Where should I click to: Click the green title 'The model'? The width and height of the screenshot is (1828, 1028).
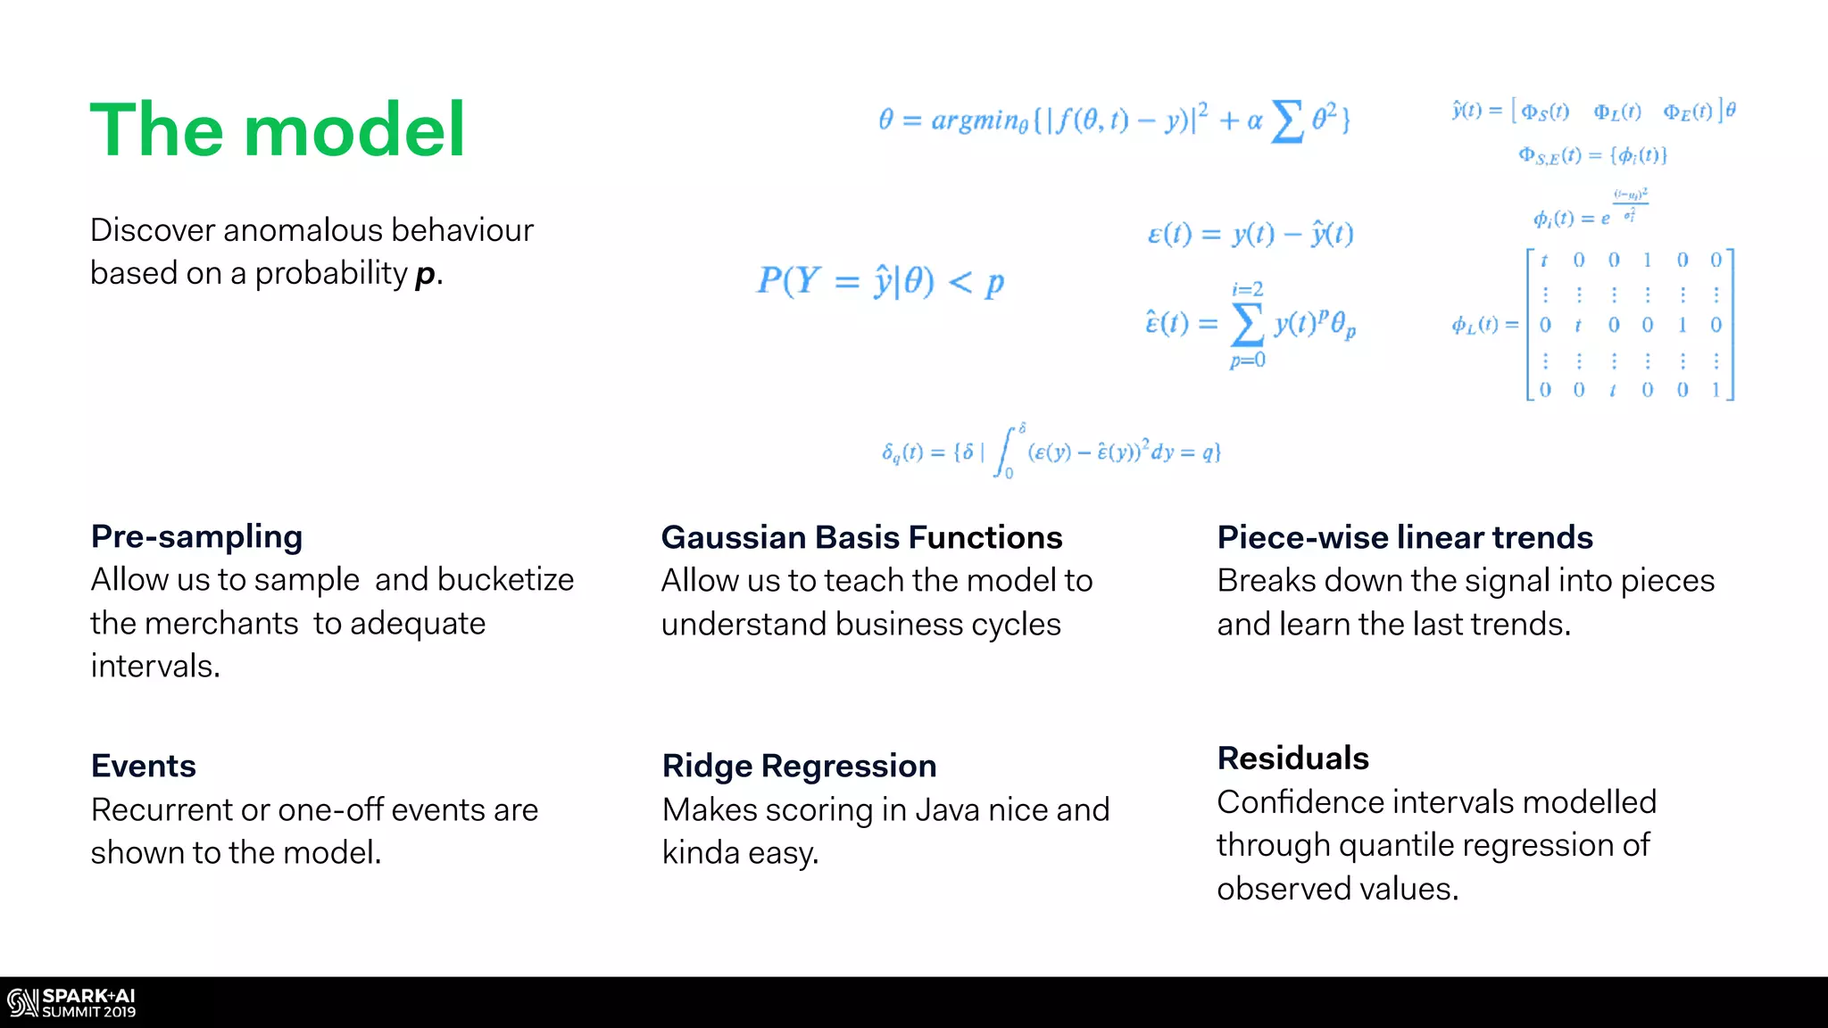[x=278, y=130]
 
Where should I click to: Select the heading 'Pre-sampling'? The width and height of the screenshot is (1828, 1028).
[x=197, y=537]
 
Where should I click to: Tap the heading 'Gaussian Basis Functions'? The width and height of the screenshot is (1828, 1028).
[x=861, y=537]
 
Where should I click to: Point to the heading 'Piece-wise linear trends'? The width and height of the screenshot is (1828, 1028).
[x=1405, y=537]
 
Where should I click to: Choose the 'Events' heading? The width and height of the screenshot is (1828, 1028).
[x=144, y=766]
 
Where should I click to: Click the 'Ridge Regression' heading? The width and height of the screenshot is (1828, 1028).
[x=799, y=766]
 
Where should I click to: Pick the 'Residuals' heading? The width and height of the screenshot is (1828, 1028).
[x=1292, y=759]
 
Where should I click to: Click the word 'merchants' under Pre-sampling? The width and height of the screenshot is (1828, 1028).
[x=234, y=624]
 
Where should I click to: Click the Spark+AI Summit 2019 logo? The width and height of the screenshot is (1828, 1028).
[x=71, y=1003]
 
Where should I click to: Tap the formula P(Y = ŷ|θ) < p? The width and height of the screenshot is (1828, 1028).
[x=880, y=282]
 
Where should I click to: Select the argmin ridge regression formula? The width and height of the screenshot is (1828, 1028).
[x=1114, y=120]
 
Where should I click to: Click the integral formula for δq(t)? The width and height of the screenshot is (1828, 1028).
[x=1051, y=452]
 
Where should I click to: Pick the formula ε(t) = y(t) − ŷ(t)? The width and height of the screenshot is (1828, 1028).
[x=1250, y=235]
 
